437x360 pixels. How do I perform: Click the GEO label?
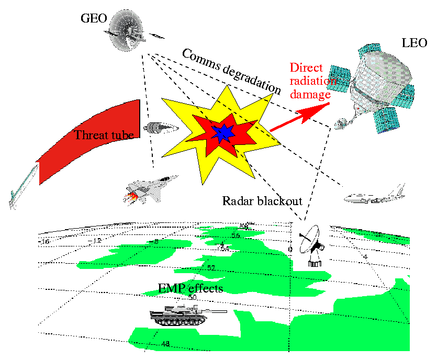[x=94, y=19]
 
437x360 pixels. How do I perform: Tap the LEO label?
[x=414, y=43]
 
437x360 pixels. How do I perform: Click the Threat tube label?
[x=104, y=135]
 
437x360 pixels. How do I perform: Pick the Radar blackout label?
[x=262, y=201]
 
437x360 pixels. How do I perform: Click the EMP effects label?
[x=191, y=288]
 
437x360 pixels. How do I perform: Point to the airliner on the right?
[x=374, y=195]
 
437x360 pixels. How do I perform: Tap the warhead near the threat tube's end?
[x=160, y=127]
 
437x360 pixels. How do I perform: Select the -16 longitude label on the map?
[x=45, y=242]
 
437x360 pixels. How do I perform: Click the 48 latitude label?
[x=165, y=344]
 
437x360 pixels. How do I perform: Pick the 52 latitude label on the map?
[x=211, y=268]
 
